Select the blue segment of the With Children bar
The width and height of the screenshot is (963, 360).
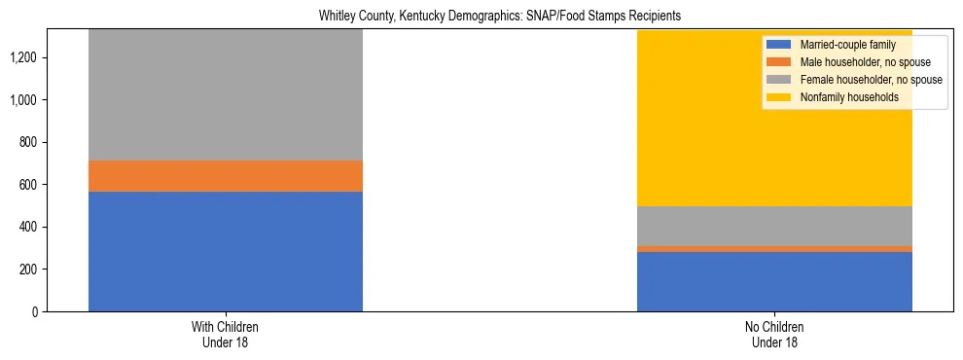pyautogui.click(x=226, y=251)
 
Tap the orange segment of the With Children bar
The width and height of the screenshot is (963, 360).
pyautogui.click(x=226, y=176)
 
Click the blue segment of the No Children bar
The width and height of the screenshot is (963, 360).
pyautogui.click(x=774, y=282)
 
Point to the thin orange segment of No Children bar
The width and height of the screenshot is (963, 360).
pyautogui.click(x=774, y=249)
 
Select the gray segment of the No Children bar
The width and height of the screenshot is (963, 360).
pyautogui.click(x=774, y=226)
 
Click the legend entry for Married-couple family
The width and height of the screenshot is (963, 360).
pyautogui.click(x=840, y=45)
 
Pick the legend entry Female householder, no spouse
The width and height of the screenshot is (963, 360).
pyautogui.click(x=869, y=80)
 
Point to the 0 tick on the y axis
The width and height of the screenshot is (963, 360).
pyautogui.click(x=34, y=311)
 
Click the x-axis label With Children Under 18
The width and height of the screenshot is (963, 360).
pyautogui.click(x=226, y=335)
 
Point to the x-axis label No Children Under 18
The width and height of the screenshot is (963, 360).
pyautogui.click(x=774, y=335)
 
